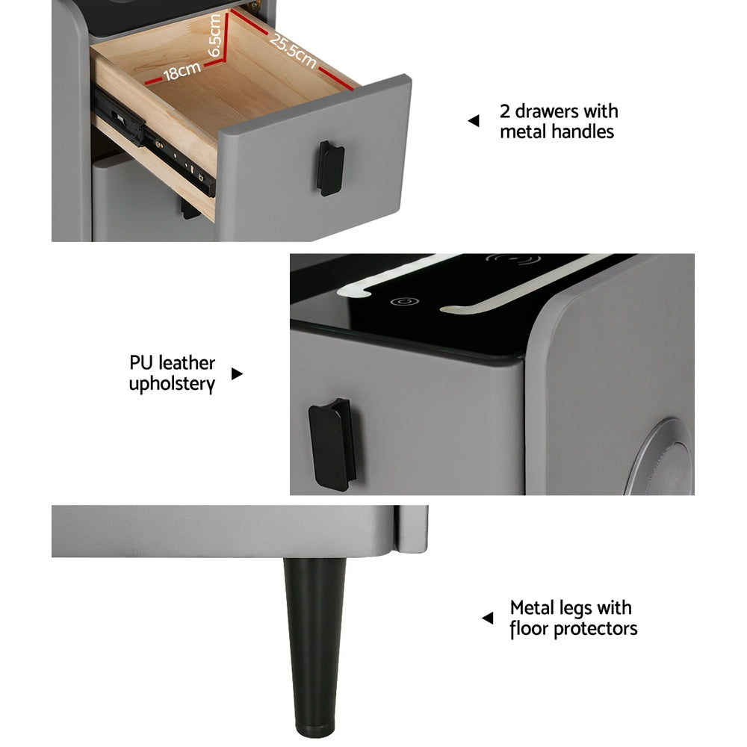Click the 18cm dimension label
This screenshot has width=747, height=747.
coord(182,71)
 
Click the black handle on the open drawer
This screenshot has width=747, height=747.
coord(331,167)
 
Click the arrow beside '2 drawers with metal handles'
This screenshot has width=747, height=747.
coord(473,121)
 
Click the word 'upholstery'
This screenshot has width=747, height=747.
coord(172,385)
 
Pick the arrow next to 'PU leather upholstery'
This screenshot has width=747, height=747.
coord(237,373)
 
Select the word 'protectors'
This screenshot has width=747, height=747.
coord(595,629)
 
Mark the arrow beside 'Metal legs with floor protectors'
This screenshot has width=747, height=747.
coord(487,618)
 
